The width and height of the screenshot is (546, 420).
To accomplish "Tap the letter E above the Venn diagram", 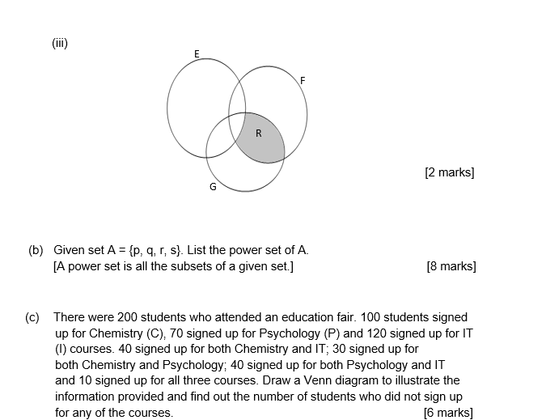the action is tap(197, 53).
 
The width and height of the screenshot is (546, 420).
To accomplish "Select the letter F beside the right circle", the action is tap(303, 80).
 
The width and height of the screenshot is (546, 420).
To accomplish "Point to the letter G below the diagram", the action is tap(213, 187).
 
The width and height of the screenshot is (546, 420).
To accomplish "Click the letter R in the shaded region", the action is tap(258, 134).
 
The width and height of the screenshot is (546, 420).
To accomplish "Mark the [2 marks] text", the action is tap(449, 172).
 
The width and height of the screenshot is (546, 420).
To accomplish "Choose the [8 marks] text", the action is tap(451, 266).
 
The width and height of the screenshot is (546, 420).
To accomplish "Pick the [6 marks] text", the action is tap(448, 413).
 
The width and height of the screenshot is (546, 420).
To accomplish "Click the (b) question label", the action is tap(36, 250).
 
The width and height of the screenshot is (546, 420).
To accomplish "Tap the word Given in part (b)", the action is tap(70, 250).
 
